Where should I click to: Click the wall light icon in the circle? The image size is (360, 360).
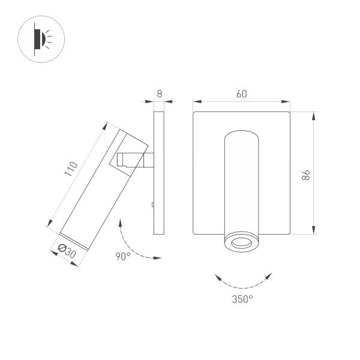click(40, 40)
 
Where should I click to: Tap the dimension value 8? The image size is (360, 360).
click(159, 94)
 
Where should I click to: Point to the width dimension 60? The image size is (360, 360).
click(241, 94)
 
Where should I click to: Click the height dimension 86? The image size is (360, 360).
click(305, 175)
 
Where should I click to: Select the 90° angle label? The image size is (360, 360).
click(123, 256)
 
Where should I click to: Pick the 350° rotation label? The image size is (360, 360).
click(242, 299)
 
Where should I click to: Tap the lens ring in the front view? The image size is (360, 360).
click(241, 243)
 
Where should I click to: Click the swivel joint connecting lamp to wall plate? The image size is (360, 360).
click(136, 161)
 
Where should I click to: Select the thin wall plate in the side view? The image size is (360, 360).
click(159, 173)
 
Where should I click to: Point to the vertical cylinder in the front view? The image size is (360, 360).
click(241, 180)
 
